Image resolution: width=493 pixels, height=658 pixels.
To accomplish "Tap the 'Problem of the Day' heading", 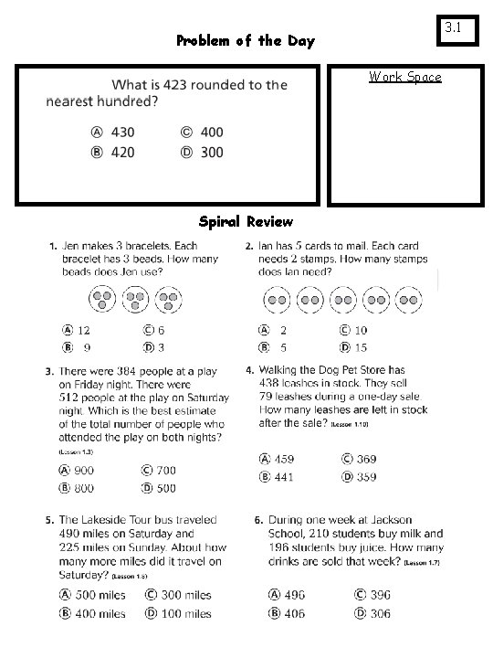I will click(245, 40).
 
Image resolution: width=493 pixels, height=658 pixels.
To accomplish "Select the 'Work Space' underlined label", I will click(404, 77).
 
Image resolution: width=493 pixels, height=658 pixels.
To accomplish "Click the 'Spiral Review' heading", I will click(246, 221).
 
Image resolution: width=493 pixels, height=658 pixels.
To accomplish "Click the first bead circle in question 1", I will click(102, 299).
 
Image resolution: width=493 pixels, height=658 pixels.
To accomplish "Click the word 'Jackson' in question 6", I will click(390, 520).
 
